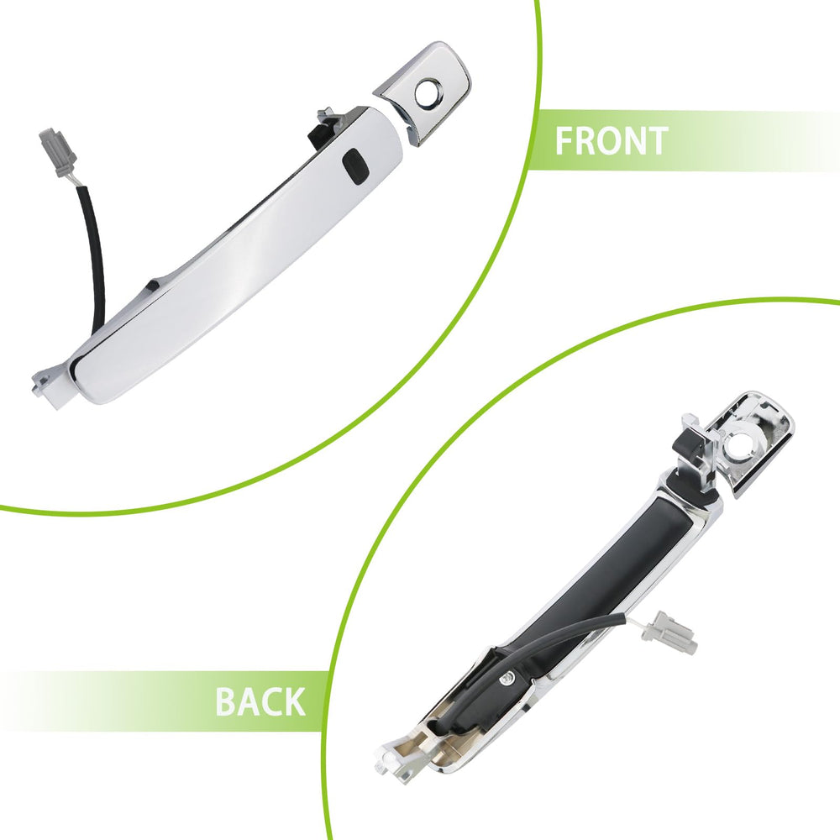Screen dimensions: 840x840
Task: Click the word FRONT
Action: click(x=612, y=141)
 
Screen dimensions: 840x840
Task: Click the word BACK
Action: click(x=260, y=701)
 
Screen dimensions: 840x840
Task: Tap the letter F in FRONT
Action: click(x=563, y=141)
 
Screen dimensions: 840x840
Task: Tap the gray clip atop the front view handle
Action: click(x=328, y=117)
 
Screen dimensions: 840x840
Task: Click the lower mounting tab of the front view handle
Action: click(x=50, y=386)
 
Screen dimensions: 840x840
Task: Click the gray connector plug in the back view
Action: click(x=675, y=633)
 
